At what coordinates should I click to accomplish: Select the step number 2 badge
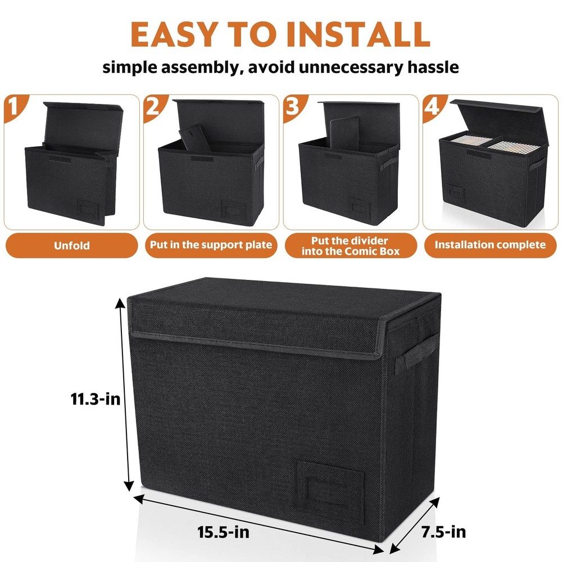coord(153,105)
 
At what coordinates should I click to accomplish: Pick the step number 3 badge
coord(292,105)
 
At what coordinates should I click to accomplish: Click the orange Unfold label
coord(71,245)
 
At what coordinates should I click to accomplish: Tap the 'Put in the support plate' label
coord(211,245)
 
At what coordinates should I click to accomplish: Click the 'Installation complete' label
coord(490,245)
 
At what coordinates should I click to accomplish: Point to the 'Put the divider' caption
coord(350,240)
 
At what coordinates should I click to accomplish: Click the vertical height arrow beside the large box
coord(126,393)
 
